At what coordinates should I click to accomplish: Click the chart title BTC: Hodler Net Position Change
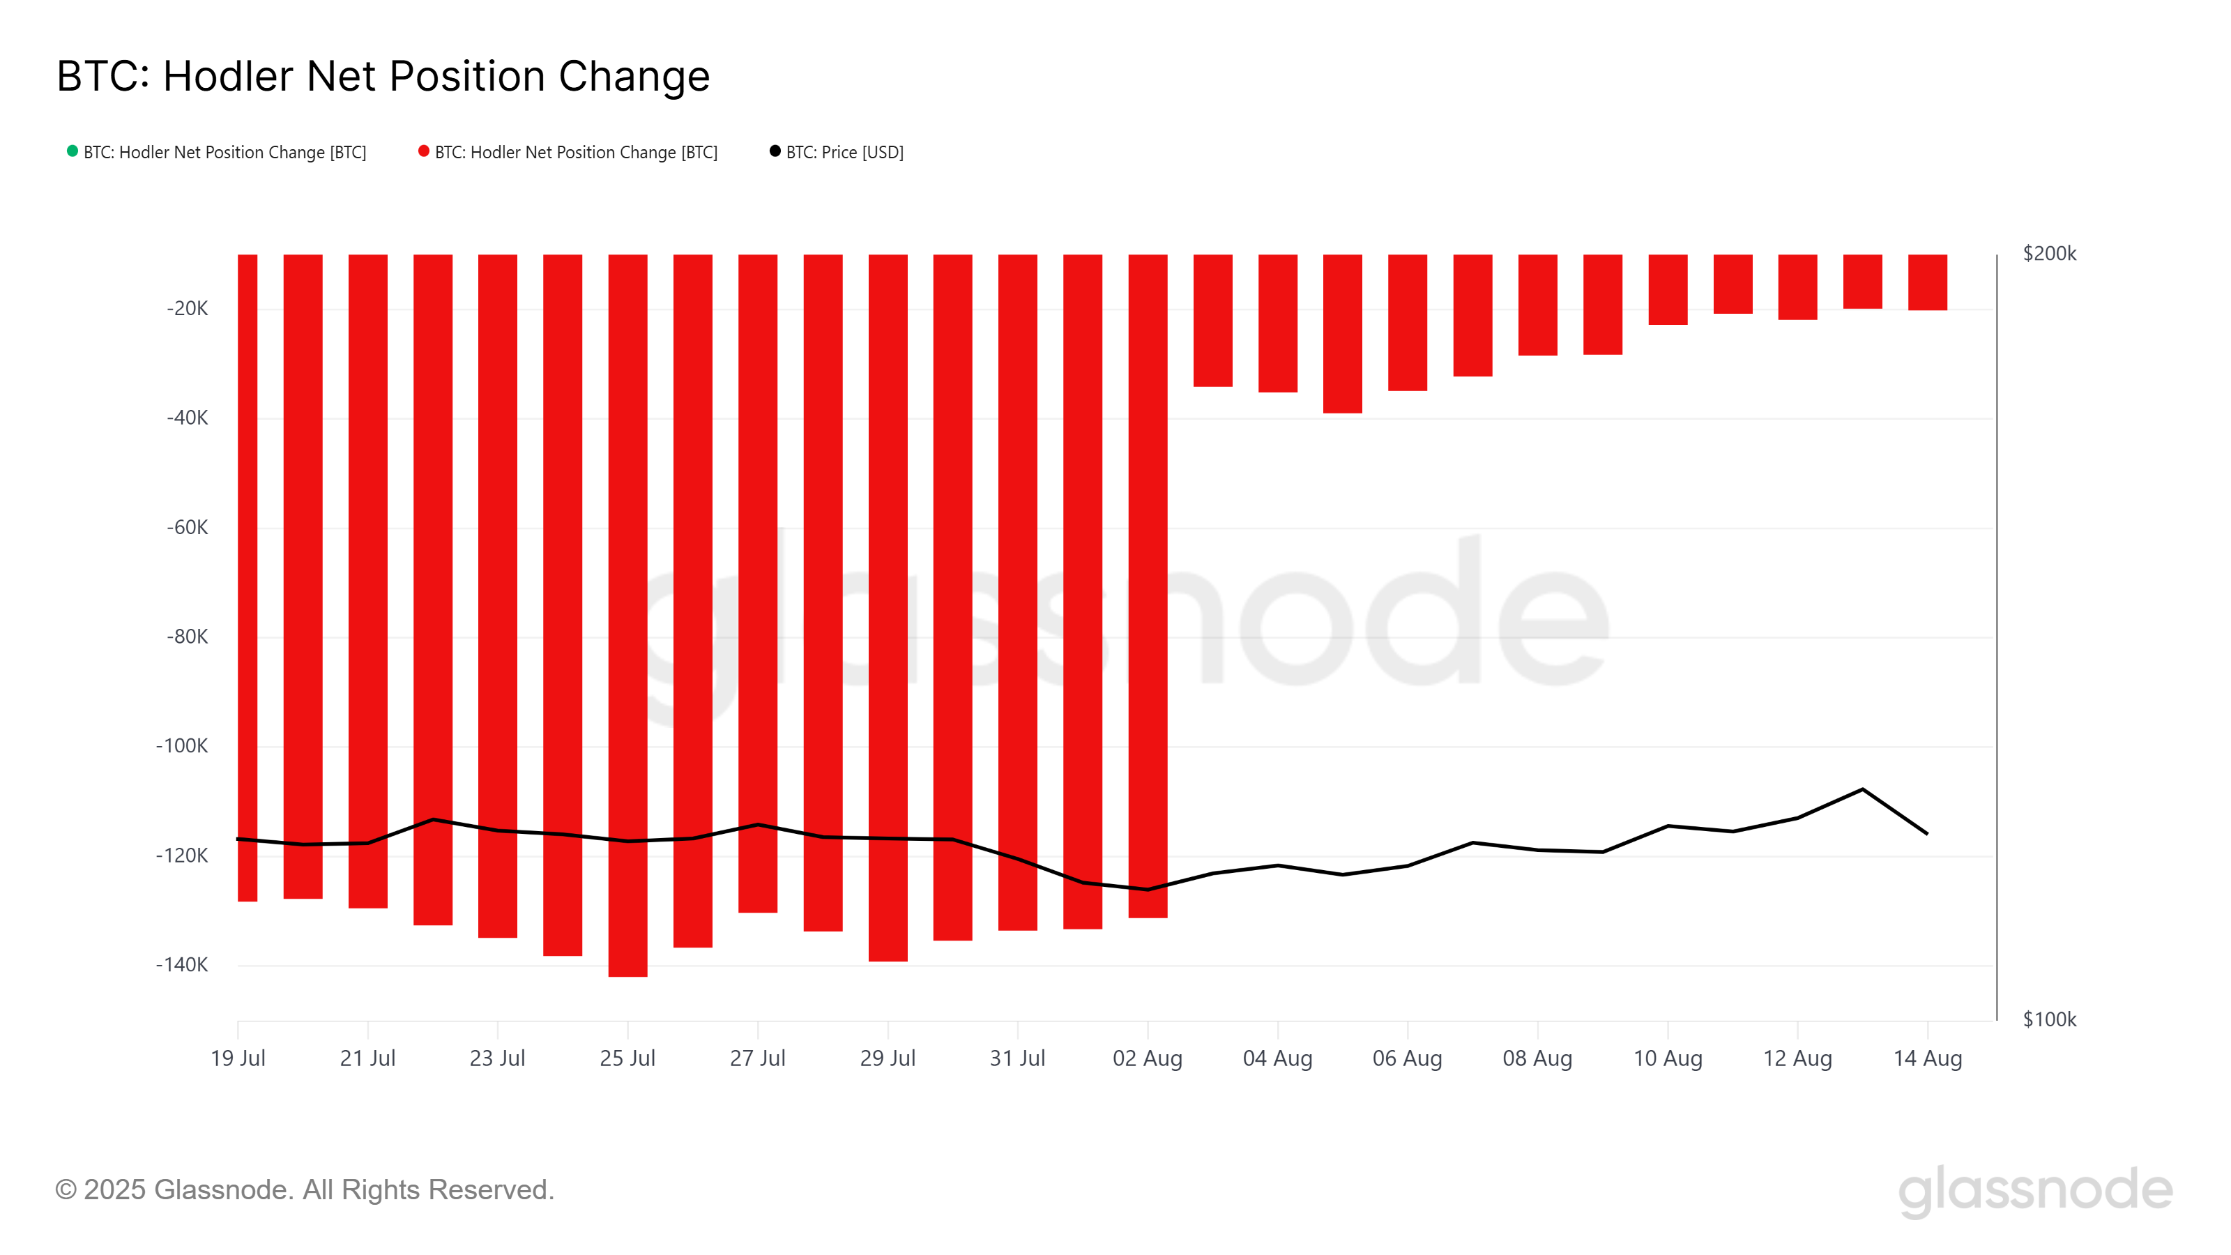383,76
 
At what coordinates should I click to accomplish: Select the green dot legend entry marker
73,151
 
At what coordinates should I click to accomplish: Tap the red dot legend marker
423,151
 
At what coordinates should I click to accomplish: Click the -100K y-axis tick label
182,746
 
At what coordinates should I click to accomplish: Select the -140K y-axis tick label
182,965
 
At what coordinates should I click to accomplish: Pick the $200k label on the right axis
2048,254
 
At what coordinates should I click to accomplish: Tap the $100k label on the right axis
2048,1019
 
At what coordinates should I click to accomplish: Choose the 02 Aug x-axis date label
1147,1058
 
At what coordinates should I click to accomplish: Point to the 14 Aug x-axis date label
1927,1058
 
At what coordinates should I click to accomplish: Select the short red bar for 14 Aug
1927,282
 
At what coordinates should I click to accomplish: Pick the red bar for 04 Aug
1277,323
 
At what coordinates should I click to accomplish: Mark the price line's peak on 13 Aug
1862,789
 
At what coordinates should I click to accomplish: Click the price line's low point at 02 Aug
1148,890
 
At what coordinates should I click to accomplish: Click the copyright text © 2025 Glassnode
305,1190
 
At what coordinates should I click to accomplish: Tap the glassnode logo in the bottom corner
2034,1190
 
